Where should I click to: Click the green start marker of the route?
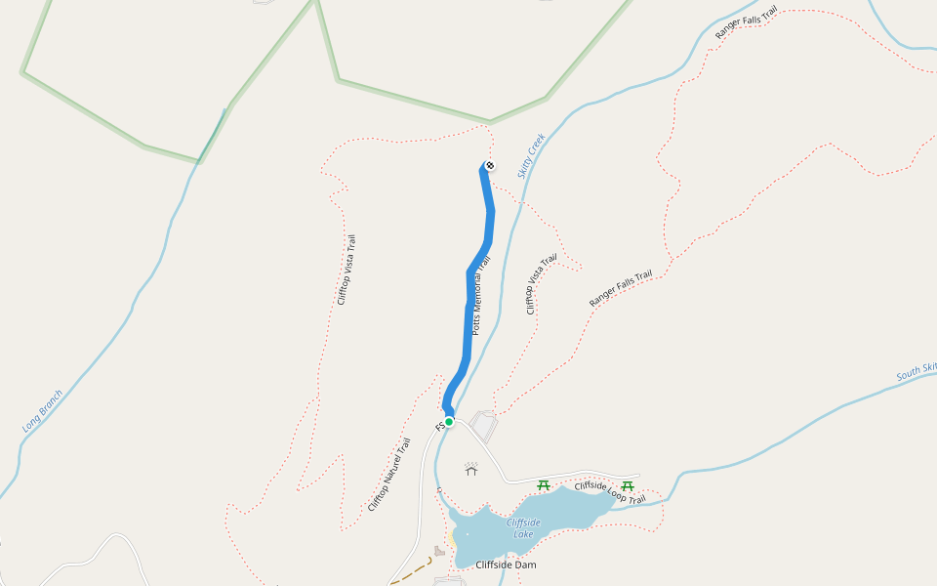coord(449,422)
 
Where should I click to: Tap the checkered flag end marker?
coord(489,165)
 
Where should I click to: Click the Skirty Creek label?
coord(531,156)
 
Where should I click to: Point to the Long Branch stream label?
coord(42,411)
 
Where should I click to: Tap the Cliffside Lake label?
coord(523,527)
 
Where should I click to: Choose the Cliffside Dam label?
coord(506,565)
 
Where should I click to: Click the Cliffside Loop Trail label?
coord(610,492)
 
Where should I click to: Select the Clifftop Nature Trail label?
coord(389,475)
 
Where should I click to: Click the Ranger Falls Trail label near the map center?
coord(620,290)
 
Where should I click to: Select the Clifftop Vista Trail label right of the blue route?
coord(542,284)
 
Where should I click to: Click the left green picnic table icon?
coord(544,485)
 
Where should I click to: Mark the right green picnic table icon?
coord(628,485)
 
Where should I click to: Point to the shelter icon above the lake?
coord(472,470)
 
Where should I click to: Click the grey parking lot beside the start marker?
coord(484,426)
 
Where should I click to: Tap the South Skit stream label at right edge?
coord(916,372)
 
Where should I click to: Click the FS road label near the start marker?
coord(439,427)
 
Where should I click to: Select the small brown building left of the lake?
coord(439,552)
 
